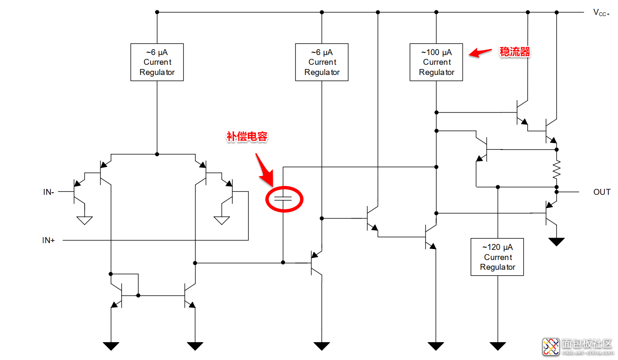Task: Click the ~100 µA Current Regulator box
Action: tap(436, 62)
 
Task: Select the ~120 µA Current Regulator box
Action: tap(497, 257)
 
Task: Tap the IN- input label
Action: tap(49, 192)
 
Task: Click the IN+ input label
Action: tap(49, 241)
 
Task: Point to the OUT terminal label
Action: tap(601, 192)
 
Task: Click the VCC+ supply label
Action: tap(601, 13)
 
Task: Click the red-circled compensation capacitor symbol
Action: tap(283, 199)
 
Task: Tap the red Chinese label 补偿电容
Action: tap(247, 137)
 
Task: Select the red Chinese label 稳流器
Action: tap(515, 52)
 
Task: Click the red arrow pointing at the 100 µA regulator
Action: tap(480, 53)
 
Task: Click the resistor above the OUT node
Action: tap(557, 169)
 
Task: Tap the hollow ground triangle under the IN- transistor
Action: tap(85, 220)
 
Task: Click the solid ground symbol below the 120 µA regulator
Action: tap(498, 346)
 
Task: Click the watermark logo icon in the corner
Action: tap(551, 346)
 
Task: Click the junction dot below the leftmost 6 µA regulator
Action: tap(157, 154)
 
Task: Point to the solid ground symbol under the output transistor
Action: tap(557, 242)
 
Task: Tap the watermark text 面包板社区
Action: tap(587, 344)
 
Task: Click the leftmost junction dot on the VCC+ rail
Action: tap(157, 12)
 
